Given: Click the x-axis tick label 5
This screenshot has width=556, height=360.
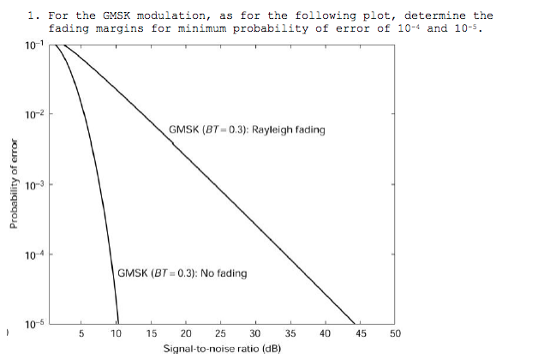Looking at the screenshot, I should click(81, 333).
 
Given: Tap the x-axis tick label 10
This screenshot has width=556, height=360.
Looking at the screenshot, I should click(117, 333).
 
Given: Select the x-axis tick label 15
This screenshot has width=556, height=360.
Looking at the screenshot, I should click(152, 333).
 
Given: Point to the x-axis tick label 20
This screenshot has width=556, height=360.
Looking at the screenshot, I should click(186, 333).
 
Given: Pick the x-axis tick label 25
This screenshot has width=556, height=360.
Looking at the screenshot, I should click(221, 333).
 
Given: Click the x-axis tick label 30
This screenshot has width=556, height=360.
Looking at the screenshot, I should click(255, 333).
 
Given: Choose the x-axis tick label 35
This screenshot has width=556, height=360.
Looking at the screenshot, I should click(290, 333).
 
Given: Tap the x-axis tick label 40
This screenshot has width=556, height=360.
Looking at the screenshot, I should click(326, 333).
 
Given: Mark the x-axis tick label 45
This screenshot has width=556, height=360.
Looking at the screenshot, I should click(360, 333).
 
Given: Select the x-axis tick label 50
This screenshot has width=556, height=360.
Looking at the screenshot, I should click(395, 333).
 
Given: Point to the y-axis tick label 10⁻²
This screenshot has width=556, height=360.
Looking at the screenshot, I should click(33, 115).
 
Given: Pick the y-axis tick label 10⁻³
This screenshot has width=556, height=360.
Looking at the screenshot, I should click(33, 185).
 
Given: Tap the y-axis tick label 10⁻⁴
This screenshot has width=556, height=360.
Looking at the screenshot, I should click(33, 255).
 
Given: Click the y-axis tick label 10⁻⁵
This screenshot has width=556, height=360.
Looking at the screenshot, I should click(33, 323).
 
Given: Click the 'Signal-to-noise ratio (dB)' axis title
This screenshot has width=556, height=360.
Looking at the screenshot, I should click(223, 349).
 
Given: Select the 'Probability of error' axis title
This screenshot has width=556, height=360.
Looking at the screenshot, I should click(14, 184).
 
